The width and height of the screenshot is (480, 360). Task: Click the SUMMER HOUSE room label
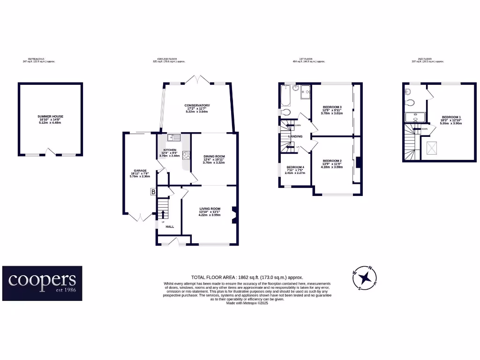pos(50,116)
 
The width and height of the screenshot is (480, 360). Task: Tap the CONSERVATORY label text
pos(197,105)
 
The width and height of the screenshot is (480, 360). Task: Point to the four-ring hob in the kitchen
pos(186,156)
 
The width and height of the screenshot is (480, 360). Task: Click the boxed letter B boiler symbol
pos(153,191)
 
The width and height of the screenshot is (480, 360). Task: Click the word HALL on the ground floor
pos(170,226)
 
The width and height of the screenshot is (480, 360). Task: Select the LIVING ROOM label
pos(210,209)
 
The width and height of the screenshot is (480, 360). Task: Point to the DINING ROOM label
pos(214,157)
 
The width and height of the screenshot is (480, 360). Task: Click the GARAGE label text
pos(141,171)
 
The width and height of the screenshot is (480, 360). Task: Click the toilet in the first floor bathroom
pos(287,112)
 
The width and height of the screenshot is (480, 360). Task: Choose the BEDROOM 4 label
pos(295,167)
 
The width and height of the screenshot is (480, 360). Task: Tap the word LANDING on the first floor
pos(295,136)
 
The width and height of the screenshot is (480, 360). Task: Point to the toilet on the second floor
pos(409,103)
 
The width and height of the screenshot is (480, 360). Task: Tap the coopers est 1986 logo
pos(42,283)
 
